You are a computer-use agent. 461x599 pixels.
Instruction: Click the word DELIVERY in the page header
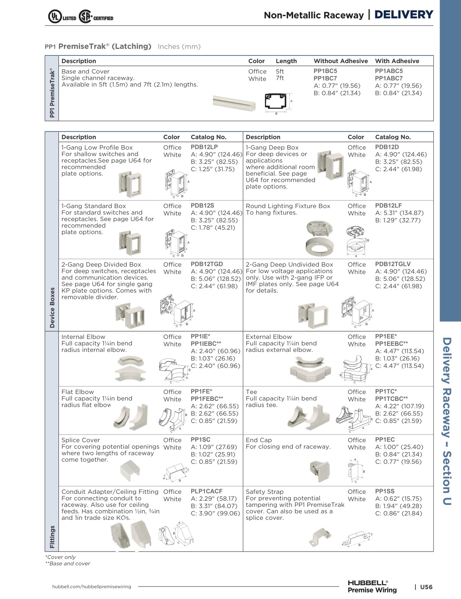point(404,15)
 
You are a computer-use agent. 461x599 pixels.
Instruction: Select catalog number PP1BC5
point(325,71)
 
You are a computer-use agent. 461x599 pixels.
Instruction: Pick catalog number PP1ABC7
point(389,78)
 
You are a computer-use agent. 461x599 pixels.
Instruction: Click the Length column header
point(286,61)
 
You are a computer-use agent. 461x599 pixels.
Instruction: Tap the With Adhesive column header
point(397,61)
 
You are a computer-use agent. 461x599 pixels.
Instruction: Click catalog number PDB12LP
point(204,147)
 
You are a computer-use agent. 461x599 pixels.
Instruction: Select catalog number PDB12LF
point(388,206)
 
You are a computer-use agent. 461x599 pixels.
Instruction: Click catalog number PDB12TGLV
point(393,264)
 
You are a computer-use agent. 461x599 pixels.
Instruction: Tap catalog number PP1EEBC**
point(391,344)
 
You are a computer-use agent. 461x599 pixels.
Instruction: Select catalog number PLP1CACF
point(206,492)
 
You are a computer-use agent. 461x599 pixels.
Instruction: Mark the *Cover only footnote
point(60,557)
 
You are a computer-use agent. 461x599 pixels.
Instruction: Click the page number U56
point(426,587)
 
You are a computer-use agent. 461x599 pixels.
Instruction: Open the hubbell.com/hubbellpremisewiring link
point(91,587)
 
